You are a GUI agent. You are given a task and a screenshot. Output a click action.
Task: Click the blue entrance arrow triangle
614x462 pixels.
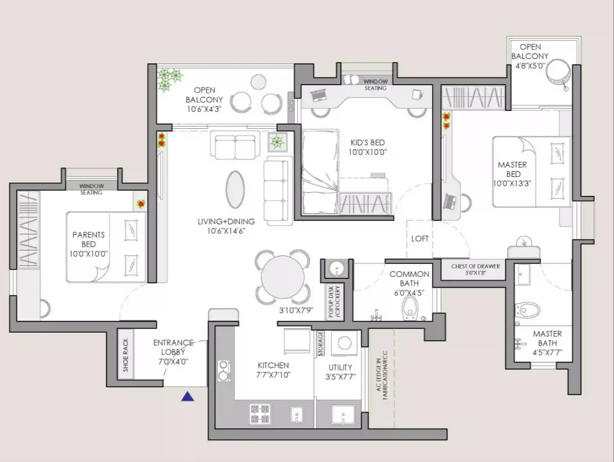[188, 396]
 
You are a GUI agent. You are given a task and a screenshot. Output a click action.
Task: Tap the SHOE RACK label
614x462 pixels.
[126, 355]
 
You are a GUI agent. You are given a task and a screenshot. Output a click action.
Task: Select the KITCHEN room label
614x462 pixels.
[273, 365]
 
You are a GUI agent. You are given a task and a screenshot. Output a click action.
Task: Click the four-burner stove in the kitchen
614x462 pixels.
[260, 414]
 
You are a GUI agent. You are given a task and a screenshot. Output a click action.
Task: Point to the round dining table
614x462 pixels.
[283, 277]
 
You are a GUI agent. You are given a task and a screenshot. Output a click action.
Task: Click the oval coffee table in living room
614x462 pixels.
[235, 190]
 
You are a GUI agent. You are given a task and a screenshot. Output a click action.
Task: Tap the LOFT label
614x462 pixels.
[420, 238]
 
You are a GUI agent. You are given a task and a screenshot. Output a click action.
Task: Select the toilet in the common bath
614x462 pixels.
[410, 308]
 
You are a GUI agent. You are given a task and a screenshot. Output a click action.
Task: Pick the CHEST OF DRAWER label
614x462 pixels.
[476, 266]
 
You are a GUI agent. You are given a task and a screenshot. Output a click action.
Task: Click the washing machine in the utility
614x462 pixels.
[344, 343]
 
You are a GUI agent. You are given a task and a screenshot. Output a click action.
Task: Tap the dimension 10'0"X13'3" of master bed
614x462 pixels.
[512, 183]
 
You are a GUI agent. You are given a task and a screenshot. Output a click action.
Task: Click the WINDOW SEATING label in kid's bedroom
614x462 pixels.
[375, 85]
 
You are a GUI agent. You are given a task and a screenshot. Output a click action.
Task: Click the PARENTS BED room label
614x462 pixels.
[89, 239]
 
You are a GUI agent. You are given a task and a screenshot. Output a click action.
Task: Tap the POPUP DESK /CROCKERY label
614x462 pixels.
[334, 302]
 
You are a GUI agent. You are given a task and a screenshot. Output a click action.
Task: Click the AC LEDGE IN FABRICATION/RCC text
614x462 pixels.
[382, 375]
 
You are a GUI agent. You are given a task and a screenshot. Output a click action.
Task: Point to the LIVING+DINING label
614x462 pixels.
[226, 222]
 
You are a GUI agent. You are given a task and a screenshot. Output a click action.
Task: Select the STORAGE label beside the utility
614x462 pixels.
[321, 344]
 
